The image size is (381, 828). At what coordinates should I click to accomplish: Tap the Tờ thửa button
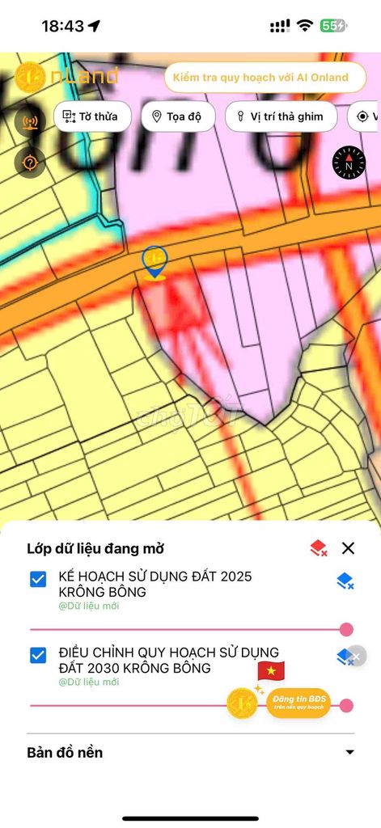pyautogui.click(x=92, y=116)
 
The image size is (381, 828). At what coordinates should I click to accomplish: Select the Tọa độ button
pyautogui.click(x=178, y=116)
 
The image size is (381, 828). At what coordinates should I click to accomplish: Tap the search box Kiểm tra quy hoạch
pyautogui.click(x=265, y=78)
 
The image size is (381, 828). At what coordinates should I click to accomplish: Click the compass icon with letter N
pyautogui.click(x=349, y=163)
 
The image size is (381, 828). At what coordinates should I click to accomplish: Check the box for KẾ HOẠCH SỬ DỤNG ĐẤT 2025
pyautogui.click(x=38, y=579)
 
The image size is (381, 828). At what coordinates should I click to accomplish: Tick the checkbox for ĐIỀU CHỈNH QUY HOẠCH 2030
pyautogui.click(x=38, y=655)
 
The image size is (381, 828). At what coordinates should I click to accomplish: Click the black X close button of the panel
pyautogui.click(x=348, y=548)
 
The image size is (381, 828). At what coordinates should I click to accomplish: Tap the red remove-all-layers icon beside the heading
pyautogui.click(x=318, y=548)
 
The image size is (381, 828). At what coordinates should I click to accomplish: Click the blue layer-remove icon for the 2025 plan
pyautogui.click(x=345, y=581)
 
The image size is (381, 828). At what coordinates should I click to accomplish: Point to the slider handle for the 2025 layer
pyautogui.click(x=346, y=629)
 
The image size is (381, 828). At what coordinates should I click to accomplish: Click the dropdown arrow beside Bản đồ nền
pyautogui.click(x=349, y=752)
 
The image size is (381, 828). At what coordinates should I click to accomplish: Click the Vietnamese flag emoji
pyautogui.click(x=271, y=671)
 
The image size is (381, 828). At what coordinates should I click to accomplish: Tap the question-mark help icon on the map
pyautogui.click(x=30, y=163)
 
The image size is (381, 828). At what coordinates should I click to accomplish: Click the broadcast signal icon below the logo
pyautogui.click(x=30, y=124)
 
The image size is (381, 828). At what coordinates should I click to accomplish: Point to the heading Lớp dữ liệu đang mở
pyautogui.click(x=95, y=548)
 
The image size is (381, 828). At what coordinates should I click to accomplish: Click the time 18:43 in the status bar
pyautogui.click(x=62, y=26)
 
